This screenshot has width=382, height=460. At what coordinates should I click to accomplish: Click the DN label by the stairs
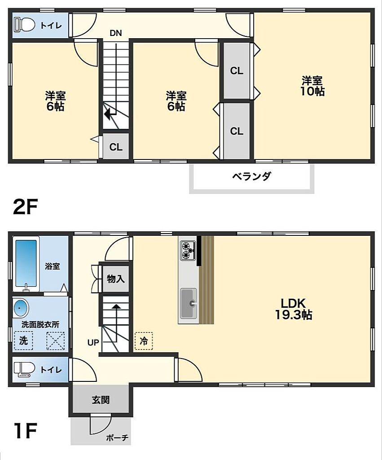pos(115,32)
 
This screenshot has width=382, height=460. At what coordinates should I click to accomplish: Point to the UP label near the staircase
pos(93,342)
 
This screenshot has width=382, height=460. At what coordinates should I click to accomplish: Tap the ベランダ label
pos(251,176)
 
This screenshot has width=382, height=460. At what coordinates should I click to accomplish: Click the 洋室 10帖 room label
pos(312,86)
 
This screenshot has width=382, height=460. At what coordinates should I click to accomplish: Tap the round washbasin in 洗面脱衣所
pos(20,309)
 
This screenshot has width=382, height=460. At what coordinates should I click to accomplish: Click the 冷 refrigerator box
pos(144,341)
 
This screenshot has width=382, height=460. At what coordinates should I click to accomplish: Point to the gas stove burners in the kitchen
pos(186,250)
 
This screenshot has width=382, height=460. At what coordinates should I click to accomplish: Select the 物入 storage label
pos(115,279)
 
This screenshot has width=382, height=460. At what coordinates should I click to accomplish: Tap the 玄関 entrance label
pos(101,400)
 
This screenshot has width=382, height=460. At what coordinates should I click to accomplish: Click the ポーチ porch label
pos(118,437)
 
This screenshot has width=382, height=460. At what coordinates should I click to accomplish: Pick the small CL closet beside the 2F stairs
pos(116,146)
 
